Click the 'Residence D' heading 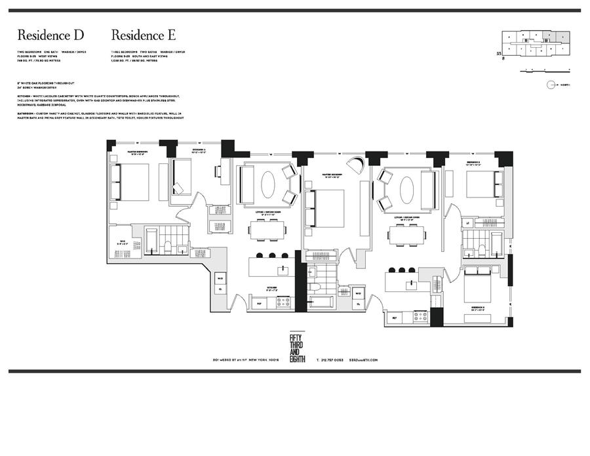[50, 35]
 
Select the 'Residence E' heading [144, 35]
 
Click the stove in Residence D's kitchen [283, 302]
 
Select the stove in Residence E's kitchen [420, 316]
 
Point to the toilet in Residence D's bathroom [168, 247]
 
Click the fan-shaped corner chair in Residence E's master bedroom [356, 165]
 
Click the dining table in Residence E [406, 234]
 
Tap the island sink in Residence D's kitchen [283, 268]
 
